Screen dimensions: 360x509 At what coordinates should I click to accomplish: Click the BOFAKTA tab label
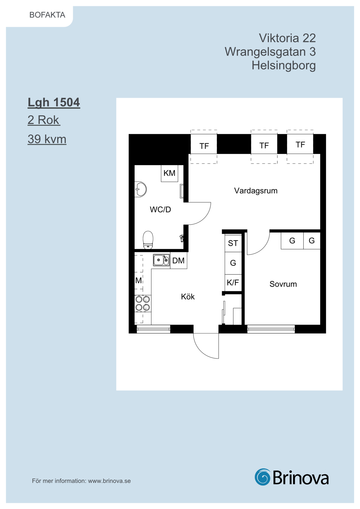[47, 15]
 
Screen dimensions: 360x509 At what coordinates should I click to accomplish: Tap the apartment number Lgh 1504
[54, 103]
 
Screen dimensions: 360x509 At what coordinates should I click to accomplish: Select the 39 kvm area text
[47, 139]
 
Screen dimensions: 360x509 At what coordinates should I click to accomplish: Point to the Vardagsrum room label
[256, 191]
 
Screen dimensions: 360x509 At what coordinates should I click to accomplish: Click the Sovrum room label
[283, 284]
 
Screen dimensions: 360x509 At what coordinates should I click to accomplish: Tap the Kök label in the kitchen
[188, 296]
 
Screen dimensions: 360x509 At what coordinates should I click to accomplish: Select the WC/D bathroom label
[160, 210]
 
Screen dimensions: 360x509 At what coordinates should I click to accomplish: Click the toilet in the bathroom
[148, 240]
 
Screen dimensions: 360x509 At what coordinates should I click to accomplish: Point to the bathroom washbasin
[141, 189]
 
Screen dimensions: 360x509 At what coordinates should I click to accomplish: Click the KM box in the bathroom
[170, 173]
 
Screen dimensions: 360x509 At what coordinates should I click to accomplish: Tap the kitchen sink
[161, 260]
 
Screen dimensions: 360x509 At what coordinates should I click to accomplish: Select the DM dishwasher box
[179, 261]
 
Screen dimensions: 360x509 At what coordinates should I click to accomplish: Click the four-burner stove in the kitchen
[143, 303]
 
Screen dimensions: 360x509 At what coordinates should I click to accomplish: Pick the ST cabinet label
[233, 243]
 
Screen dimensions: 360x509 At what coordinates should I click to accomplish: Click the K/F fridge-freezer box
[233, 283]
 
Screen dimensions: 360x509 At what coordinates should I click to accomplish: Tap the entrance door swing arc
[200, 351]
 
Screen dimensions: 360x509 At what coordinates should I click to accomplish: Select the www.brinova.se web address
[109, 481]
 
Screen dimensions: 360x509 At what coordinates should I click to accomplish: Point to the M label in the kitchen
[138, 280]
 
